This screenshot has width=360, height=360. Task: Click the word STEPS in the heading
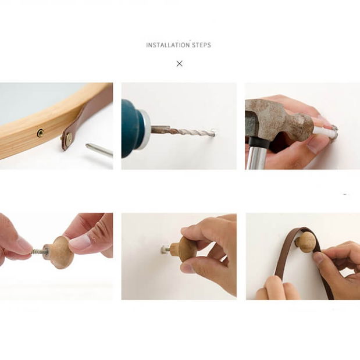click(x=201, y=45)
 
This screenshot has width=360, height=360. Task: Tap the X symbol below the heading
click(x=180, y=63)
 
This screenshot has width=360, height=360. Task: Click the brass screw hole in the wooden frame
click(x=41, y=133)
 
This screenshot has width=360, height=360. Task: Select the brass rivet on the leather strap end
click(x=69, y=138)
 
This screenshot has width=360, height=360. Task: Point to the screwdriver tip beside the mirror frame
click(x=99, y=149)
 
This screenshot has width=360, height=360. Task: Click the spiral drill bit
click(x=184, y=131)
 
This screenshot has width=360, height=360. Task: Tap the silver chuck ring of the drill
click(x=145, y=130)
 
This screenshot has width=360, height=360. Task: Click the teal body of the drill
click(x=130, y=129)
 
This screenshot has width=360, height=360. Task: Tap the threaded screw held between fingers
click(x=40, y=251)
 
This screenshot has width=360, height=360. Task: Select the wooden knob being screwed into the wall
click(x=184, y=249)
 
